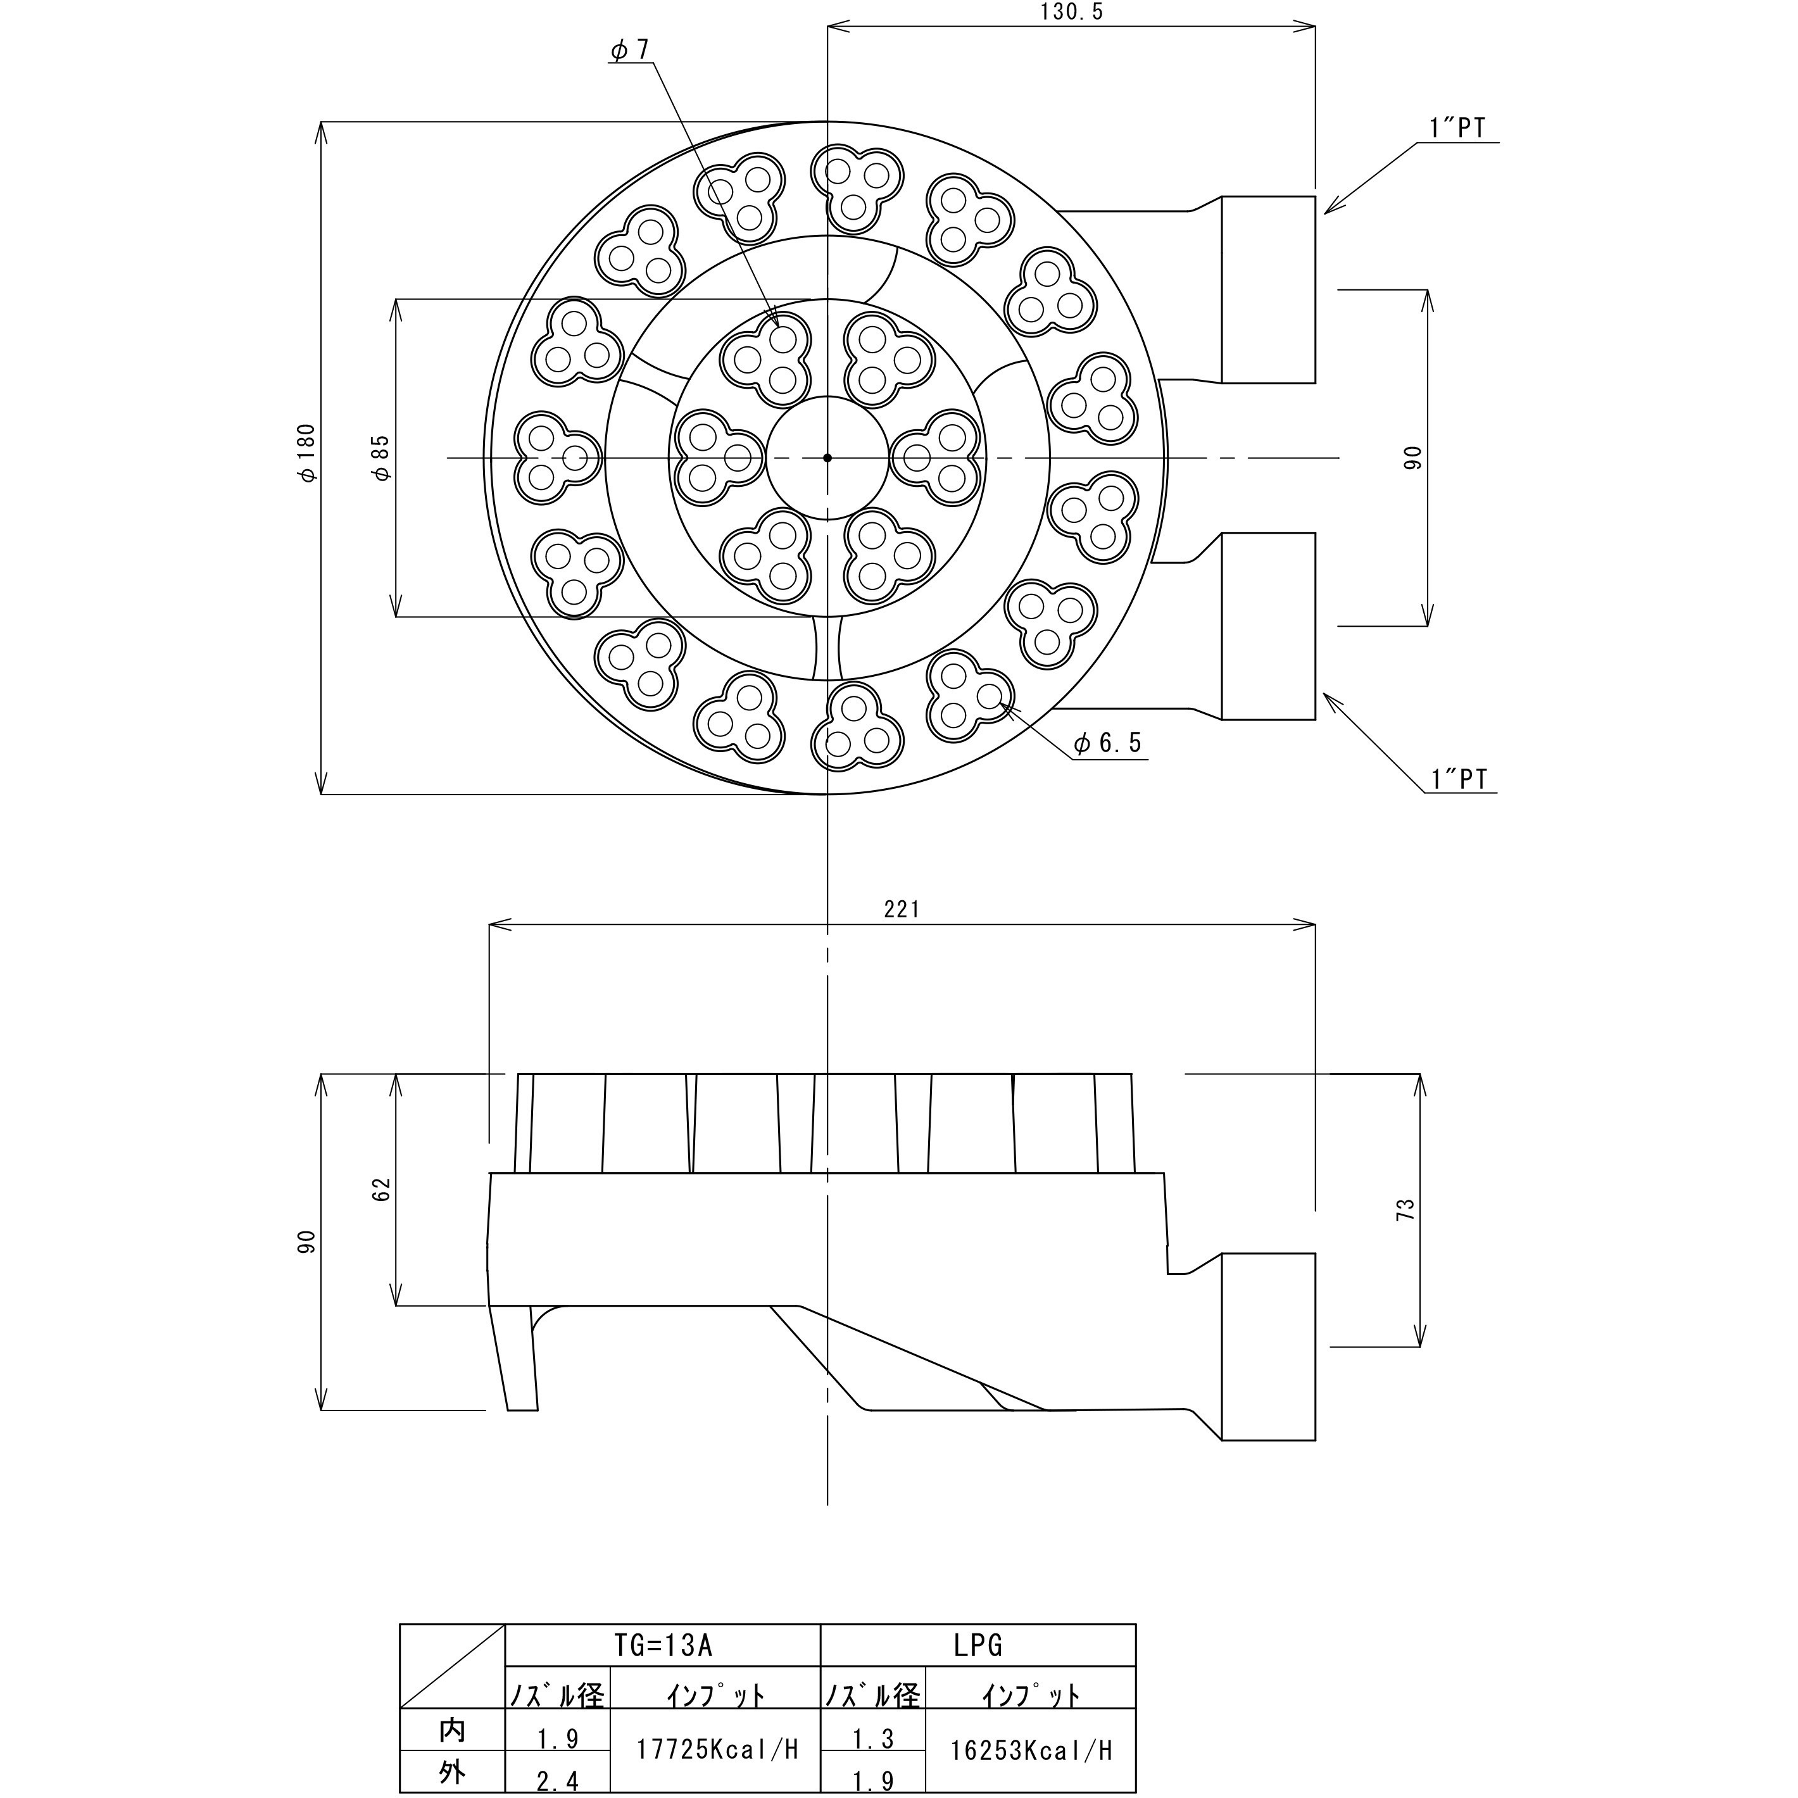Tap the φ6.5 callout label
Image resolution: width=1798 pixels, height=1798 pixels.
tap(1107, 743)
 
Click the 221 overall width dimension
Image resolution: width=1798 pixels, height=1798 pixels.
tap(902, 909)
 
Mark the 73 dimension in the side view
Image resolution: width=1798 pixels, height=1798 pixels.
tap(1405, 1210)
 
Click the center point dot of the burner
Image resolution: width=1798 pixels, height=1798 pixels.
tap(827, 458)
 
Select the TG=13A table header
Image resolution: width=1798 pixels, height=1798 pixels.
tap(663, 1646)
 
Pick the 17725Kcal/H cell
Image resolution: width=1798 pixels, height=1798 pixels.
tap(717, 1751)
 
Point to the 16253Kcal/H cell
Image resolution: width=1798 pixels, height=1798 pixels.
tap(1031, 1751)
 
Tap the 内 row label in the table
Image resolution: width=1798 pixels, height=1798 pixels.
tap(452, 1731)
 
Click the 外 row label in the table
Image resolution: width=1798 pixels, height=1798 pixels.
tap(452, 1773)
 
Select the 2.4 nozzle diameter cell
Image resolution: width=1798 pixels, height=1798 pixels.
tap(558, 1780)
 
